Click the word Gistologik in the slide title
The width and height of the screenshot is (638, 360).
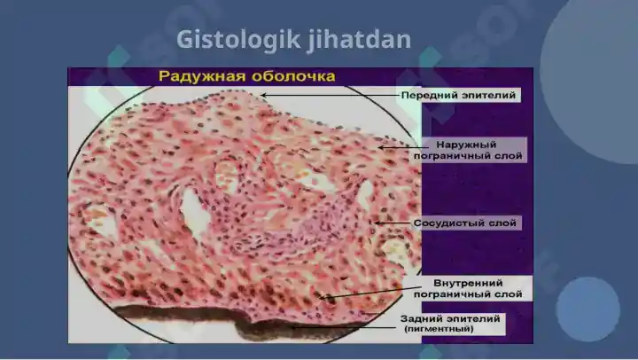click(239, 40)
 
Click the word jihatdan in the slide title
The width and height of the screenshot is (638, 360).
click(359, 40)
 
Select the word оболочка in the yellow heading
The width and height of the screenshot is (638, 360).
click(292, 76)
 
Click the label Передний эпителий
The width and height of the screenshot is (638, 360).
click(459, 95)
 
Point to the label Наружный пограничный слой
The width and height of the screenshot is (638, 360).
click(468, 150)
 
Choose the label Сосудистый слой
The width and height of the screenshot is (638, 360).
click(464, 223)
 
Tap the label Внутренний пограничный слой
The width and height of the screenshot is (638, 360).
click(468, 288)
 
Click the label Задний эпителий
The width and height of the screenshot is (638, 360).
click(450, 318)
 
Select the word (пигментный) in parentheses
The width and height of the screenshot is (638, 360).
click(439, 329)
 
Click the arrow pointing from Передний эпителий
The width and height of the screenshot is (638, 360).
click(330, 95)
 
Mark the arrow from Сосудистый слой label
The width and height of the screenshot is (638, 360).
click(393, 223)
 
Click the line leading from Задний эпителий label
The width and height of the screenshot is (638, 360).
click(345, 327)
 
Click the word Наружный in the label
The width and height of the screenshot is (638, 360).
click(466, 145)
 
